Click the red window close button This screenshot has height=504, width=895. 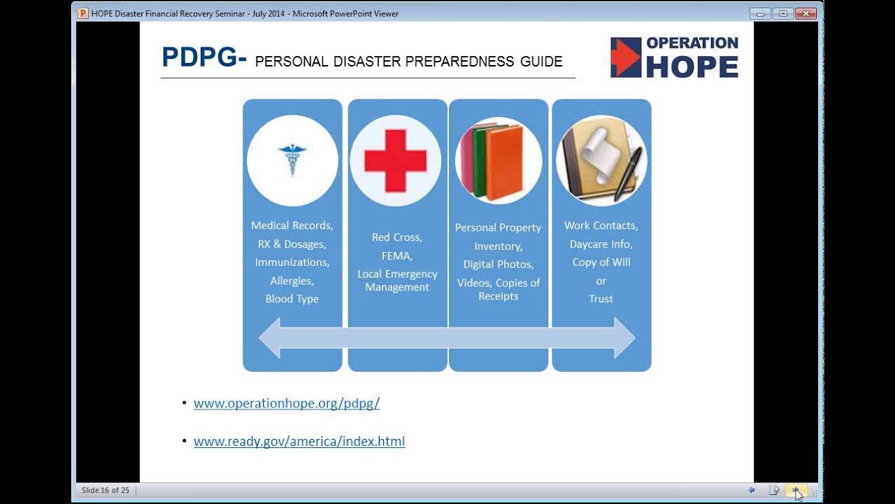805,13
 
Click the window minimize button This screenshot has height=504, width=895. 760,13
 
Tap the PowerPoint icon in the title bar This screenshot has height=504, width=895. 83,13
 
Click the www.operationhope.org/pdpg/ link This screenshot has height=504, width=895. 287,403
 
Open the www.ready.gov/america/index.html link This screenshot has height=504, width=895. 299,441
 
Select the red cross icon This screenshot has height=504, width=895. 396,160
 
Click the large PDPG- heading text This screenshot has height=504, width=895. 204,57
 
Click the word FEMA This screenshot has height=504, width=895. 396,256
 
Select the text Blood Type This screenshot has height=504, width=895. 292,299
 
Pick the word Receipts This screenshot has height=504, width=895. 499,296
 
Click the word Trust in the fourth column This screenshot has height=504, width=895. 601,299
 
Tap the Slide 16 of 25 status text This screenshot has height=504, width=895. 106,490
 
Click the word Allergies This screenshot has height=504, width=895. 292,281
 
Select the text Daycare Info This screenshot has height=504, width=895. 601,244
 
